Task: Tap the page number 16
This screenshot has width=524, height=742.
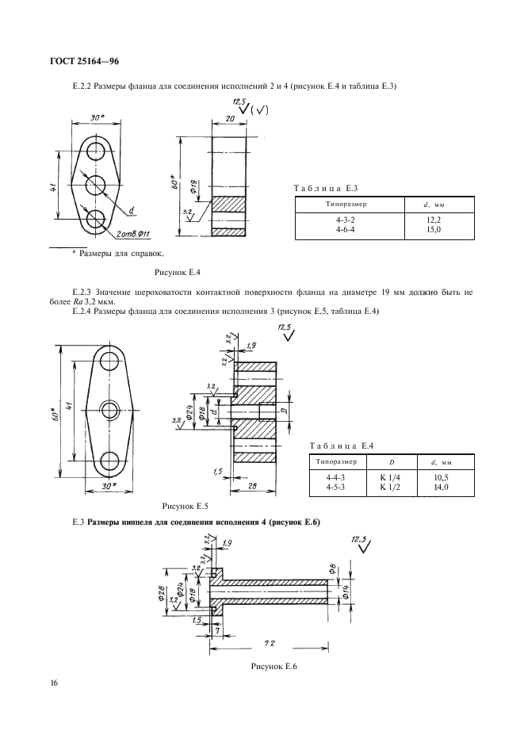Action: coord(54,683)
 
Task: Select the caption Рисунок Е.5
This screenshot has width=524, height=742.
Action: coord(185,505)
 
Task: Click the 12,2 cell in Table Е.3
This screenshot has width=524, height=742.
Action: coord(433,219)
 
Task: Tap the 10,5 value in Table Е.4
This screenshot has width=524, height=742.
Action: coord(442,478)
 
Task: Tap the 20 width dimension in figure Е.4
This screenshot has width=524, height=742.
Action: coord(228,117)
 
